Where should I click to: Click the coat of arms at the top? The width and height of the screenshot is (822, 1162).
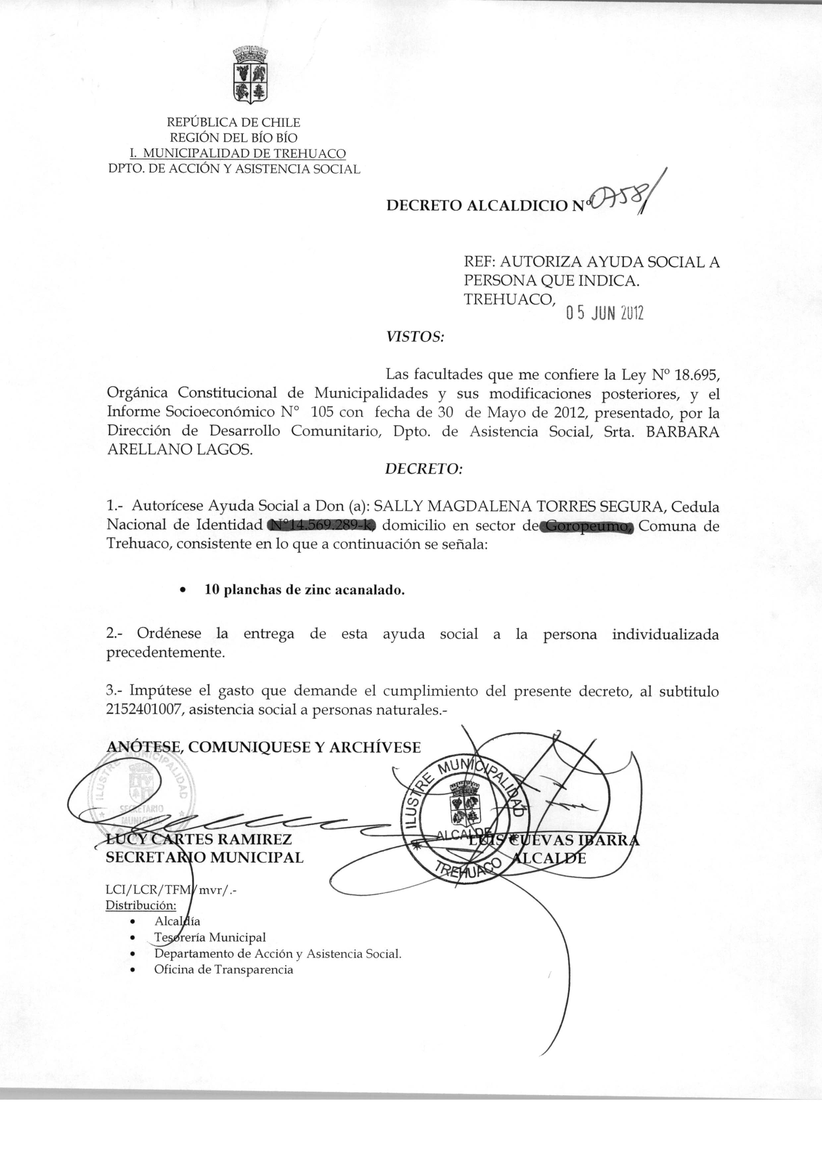(x=250, y=76)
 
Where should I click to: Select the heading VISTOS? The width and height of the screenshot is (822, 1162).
(x=415, y=336)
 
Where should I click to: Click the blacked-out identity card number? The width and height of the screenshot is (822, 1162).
(x=322, y=526)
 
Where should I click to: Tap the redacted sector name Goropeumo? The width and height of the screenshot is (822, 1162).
(x=587, y=527)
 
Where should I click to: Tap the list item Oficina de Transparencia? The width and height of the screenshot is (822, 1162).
(x=224, y=970)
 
